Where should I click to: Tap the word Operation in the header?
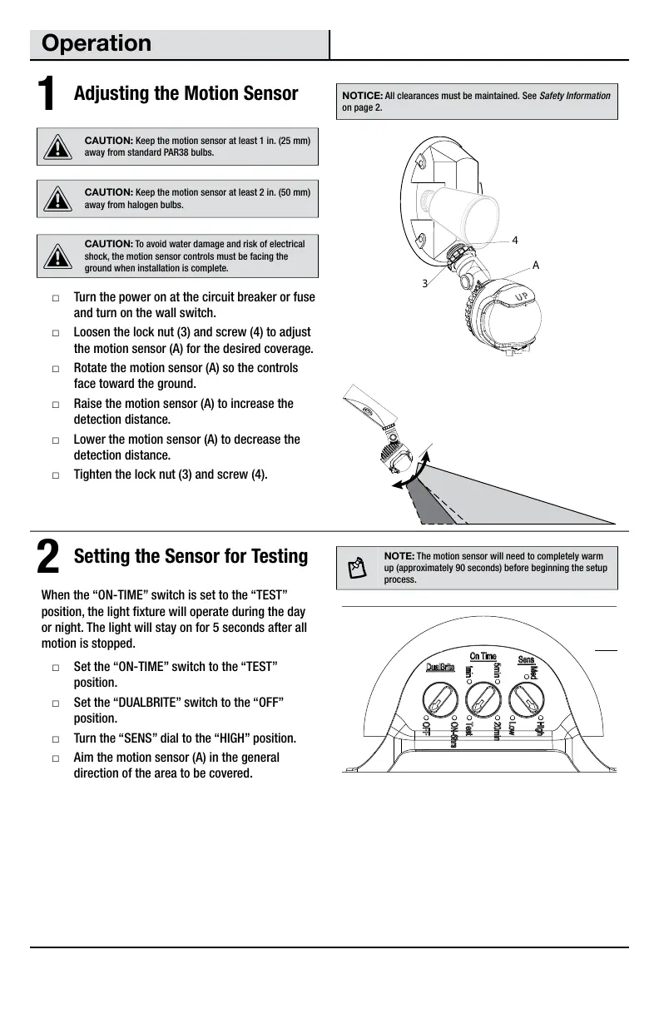[97, 43]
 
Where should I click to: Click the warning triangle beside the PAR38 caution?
[57, 147]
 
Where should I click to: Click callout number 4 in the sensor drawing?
[515, 240]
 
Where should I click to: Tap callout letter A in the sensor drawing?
[537, 265]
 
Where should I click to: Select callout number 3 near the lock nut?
[424, 283]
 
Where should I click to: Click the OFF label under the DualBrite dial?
[425, 729]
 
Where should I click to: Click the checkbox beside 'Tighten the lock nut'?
[55, 475]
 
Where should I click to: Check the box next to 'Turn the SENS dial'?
[55, 739]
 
